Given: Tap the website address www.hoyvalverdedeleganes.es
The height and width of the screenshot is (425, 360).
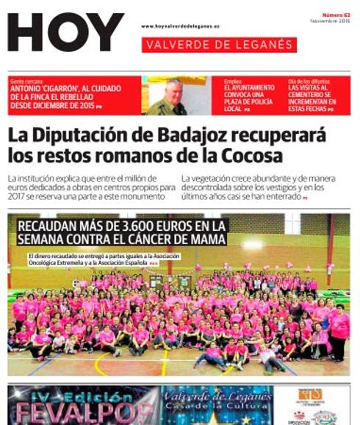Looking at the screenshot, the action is click(180, 27).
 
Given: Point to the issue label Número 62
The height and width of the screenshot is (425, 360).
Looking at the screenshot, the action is click(336, 15).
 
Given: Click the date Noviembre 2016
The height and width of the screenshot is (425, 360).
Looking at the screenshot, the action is click(330, 21).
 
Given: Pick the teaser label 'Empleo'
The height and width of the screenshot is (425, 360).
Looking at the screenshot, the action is click(232, 81).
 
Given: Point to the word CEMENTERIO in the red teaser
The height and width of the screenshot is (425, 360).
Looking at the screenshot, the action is click(312, 95).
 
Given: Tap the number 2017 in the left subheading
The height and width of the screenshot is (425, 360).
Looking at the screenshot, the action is click(18, 196).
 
